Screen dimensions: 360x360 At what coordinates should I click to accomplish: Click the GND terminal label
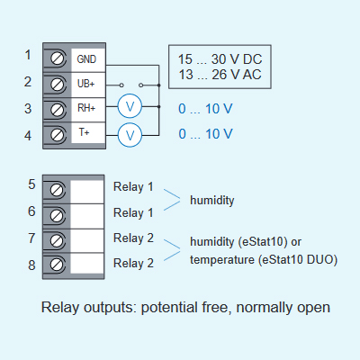(86, 59)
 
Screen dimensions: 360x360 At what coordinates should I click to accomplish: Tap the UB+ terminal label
(85, 84)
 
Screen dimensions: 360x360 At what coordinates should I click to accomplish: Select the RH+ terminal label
(86, 108)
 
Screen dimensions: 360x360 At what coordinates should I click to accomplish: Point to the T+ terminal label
(84, 132)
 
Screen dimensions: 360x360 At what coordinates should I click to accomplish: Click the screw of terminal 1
(58, 58)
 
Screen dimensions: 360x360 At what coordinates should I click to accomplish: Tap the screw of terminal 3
(58, 110)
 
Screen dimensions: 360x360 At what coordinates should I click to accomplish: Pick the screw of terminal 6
(57, 215)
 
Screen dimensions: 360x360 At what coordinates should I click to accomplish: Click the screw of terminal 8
(57, 265)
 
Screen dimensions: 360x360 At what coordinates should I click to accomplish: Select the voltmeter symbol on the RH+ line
(130, 106)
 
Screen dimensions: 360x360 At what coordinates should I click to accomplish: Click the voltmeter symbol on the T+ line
(130, 135)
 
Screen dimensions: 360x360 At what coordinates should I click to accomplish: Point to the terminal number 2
(28, 82)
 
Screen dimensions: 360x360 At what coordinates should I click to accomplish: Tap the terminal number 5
(31, 184)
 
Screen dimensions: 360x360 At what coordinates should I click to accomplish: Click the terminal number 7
(31, 238)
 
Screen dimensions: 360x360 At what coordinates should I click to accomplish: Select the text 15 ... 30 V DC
(220, 59)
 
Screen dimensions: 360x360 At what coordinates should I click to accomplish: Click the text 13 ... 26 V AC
(220, 75)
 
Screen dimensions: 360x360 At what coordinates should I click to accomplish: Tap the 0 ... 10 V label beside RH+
(205, 109)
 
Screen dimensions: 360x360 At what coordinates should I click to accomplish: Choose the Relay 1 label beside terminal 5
(133, 186)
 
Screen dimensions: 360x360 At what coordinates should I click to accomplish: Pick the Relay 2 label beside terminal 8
(133, 263)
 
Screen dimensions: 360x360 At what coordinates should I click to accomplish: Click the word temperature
(222, 260)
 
